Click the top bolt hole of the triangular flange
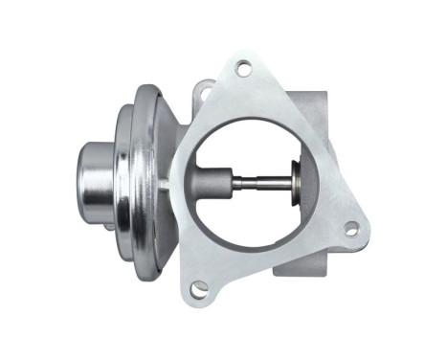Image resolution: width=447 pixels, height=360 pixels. (x=243, y=69)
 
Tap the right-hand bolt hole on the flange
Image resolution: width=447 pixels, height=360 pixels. (x=351, y=229)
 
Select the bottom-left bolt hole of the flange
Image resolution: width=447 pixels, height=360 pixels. (x=199, y=287)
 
